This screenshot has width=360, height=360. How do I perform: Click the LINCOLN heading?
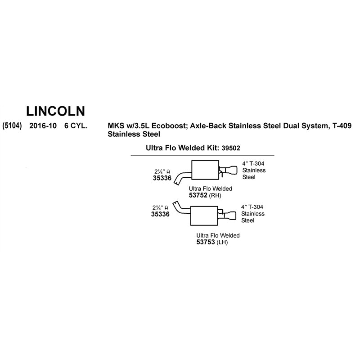point(55,111)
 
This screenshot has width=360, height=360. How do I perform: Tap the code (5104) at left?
point(12,126)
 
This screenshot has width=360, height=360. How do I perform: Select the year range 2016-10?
point(43,126)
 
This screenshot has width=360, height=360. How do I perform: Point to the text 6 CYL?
point(76,126)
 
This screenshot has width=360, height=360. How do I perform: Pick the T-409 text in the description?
point(342,126)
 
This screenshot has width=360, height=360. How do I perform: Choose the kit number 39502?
point(231,148)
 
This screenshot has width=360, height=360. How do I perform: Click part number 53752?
point(198,195)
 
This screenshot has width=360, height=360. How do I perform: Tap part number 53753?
point(206,242)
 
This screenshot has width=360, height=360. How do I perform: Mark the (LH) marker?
point(222,242)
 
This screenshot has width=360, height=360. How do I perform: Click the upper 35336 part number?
point(162,178)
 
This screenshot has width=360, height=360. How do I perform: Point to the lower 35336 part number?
point(160,214)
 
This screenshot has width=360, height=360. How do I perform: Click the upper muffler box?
point(205,170)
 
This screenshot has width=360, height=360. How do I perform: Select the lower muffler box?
point(204,216)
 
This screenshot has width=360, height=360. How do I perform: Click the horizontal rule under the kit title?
point(202,156)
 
